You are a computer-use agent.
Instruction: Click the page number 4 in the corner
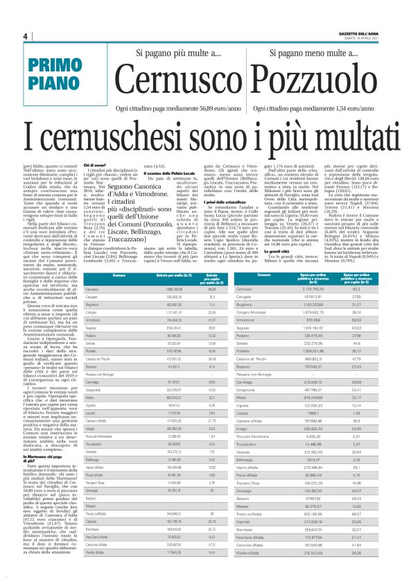pos(25,37)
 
